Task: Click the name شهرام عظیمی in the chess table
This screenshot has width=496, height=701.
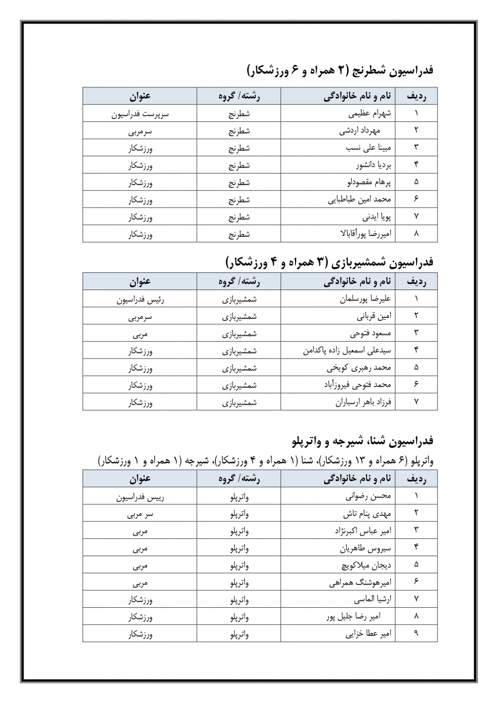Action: [x=370, y=113]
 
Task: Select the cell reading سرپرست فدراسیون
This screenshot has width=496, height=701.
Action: [x=140, y=114]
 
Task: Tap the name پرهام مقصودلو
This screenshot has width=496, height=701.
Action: [x=369, y=182]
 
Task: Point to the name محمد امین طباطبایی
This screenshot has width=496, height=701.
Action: [x=359, y=200]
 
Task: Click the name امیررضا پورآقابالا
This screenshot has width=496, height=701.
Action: [x=365, y=234]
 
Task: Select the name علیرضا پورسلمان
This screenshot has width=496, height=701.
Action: [x=365, y=299]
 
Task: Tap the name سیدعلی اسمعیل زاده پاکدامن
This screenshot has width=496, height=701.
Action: [x=347, y=351]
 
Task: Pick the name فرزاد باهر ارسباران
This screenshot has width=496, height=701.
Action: [x=363, y=402]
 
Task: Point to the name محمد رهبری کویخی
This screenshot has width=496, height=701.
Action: [x=359, y=368]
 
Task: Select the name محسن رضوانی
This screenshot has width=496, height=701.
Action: [x=368, y=496]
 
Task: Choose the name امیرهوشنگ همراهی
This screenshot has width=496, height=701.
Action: [x=360, y=582]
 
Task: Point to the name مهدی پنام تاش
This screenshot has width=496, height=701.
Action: [x=367, y=514]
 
